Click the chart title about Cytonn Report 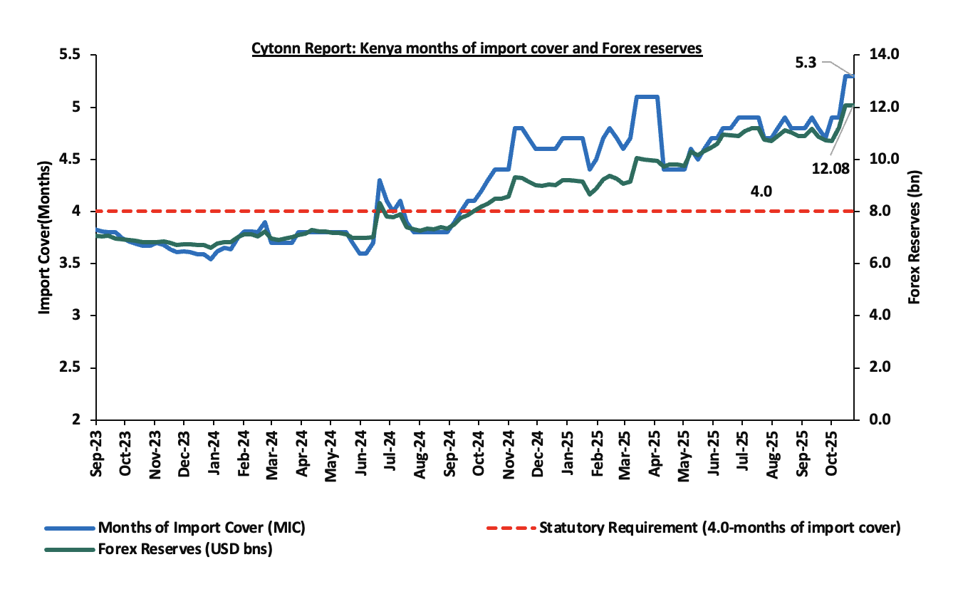point(476,48)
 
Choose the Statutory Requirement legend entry point(720,528)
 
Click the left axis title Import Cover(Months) point(45,238)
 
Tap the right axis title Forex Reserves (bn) point(915,238)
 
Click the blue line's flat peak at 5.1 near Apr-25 point(647,97)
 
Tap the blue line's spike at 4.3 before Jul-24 point(380,180)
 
